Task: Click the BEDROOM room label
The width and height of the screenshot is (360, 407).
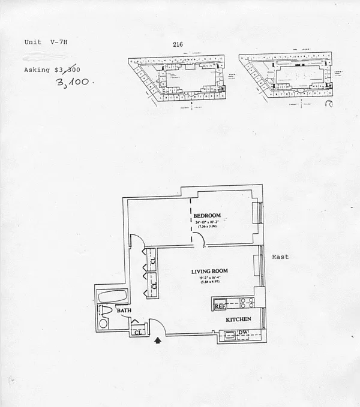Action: point(208,215)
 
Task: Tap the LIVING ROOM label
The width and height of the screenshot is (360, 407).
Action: point(209,272)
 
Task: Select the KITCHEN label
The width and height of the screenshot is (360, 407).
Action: point(238,319)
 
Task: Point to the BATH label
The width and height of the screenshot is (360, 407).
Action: point(124,311)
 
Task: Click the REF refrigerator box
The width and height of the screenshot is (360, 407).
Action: point(220,306)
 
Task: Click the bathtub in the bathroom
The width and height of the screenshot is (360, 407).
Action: point(112,296)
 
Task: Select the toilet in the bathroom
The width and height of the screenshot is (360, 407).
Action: point(106,310)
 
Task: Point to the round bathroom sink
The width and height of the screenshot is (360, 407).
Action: point(103,324)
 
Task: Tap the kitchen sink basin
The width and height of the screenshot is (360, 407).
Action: point(229,336)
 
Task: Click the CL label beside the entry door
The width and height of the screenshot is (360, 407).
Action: point(137,331)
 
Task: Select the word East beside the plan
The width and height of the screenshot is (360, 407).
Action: point(280,257)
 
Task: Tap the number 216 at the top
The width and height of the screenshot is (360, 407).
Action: point(177,44)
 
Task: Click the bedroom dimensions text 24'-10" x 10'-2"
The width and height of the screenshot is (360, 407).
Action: point(207,222)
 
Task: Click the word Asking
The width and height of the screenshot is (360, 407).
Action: point(37,70)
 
